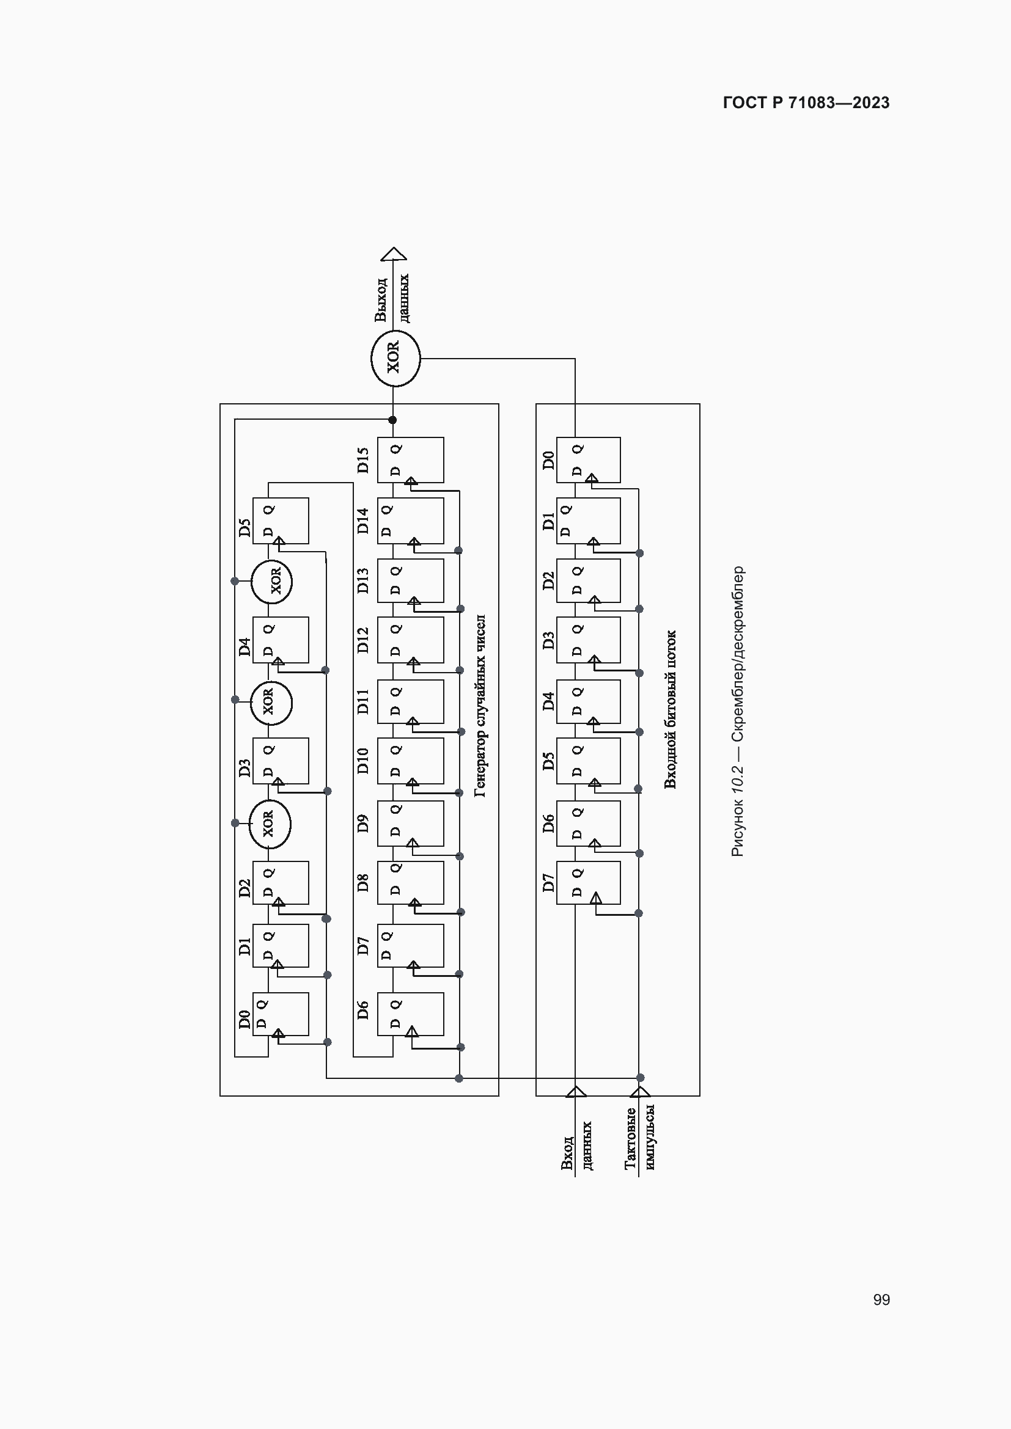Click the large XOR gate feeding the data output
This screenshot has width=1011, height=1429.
pyautogui.click(x=395, y=359)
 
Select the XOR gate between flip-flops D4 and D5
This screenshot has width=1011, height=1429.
pyautogui.click(x=272, y=581)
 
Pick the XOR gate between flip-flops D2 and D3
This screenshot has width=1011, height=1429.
pyautogui.click(x=270, y=824)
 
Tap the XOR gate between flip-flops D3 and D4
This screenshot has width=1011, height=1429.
pyautogui.click(x=271, y=703)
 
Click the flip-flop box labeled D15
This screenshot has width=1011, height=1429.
pyautogui.click(x=410, y=460)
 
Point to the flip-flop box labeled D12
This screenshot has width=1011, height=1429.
pyautogui.click(x=410, y=640)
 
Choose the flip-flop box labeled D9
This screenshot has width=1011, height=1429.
pyautogui.click(x=410, y=824)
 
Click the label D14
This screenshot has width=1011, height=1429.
pyautogui.click(x=363, y=521)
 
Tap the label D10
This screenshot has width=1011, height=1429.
pyautogui.click(x=363, y=761)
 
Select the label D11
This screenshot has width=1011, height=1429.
pyautogui.click(x=363, y=701)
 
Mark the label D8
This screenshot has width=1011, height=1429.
pyautogui.click(x=363, y=883)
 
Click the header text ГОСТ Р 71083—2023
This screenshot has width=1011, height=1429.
pyautogui.click(x=806, y=103)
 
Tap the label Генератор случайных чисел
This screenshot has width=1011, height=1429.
pyautogui.click(x=480, y=706)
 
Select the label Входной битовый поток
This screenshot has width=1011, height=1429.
pyautogui.click(x=670, y=709)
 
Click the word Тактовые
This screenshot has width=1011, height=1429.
pyautogui.click(x=630, y=1138)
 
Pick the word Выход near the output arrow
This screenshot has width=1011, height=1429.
pyautogui.click(x=380, y=300)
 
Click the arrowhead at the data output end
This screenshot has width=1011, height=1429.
pyautogui.click(x=394, y=254)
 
